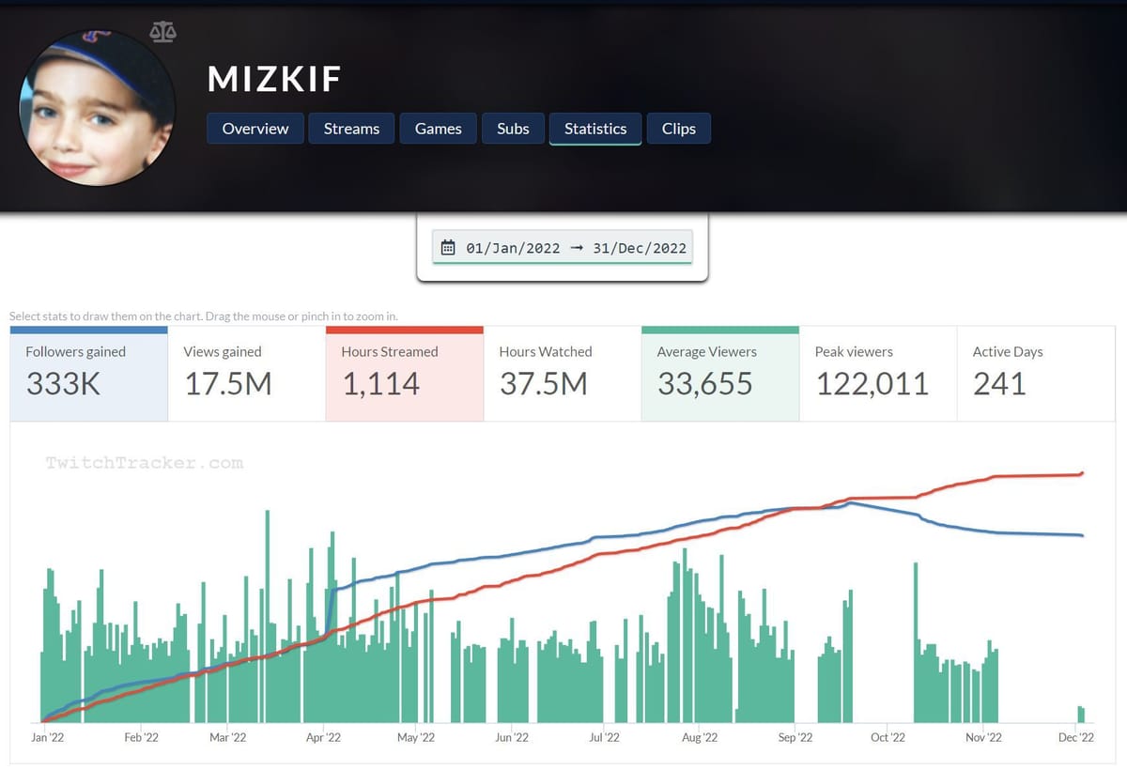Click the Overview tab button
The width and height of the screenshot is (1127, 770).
[x=255, y=129]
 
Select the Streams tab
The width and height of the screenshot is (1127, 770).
[x=351, y=129]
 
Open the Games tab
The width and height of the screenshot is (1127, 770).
[x=438, y=129]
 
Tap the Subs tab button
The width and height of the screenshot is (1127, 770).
[x=513, y=129]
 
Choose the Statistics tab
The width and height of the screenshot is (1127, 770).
[x=594, y=129]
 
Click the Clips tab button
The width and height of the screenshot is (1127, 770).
[x=678, y=129]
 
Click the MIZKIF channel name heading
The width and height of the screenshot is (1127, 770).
[x=274, y=80]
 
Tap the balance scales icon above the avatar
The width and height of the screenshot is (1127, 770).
[x=162, y=33]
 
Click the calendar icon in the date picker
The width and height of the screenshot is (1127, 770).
[x=448, y=249]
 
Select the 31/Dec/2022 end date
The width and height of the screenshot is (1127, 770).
[x=640, y=249]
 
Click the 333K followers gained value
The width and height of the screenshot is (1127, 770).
[x=63, y=383]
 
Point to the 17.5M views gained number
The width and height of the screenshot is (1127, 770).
[x=227, y=383]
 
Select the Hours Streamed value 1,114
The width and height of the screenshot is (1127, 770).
[x=380, y=383]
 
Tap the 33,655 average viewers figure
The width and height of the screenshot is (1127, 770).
[x=704, y=383]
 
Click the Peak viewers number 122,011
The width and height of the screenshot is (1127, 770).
[x=872, y=383]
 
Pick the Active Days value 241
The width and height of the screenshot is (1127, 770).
[x=999, y=383]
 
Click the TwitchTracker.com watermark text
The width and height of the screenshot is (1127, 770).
[x=145, y=463]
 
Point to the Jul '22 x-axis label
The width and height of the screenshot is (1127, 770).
[x=604, y=738]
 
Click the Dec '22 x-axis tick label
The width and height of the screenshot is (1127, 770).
[x=1076, y=738]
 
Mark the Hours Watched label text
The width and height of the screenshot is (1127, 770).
[x=545, y=352]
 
